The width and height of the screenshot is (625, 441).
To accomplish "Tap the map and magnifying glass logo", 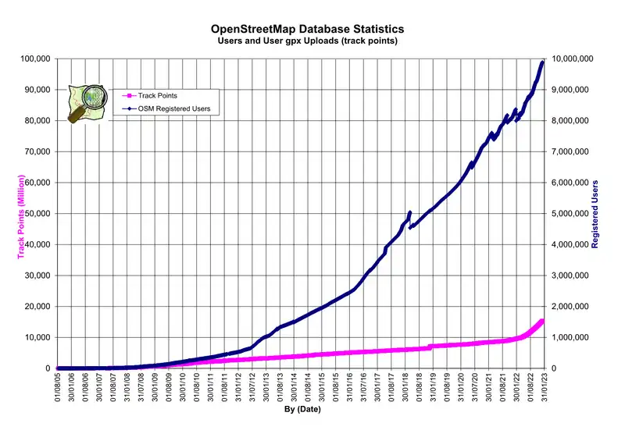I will click(87, 102).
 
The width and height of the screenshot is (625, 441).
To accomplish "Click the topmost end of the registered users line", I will click(543, 62).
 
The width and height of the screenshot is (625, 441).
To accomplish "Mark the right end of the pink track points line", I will click(543, 321).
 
